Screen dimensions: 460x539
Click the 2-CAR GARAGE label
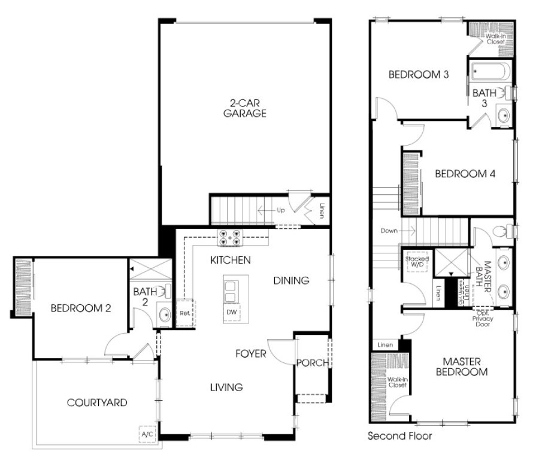244,108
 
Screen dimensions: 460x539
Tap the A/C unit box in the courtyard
147,434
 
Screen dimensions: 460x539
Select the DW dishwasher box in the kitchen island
231,313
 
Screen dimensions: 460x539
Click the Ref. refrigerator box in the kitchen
184,313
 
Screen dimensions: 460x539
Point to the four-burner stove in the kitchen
230,238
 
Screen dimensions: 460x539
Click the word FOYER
250,354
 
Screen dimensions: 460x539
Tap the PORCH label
312,362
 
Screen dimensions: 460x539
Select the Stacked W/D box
417,262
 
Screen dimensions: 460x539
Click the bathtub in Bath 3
490,72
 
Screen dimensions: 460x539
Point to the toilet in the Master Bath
500,231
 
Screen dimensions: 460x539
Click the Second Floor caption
399,436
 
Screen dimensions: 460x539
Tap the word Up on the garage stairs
280,210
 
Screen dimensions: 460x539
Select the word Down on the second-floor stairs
389,230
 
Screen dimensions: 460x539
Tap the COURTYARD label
97,402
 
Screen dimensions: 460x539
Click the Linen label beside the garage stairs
322,211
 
